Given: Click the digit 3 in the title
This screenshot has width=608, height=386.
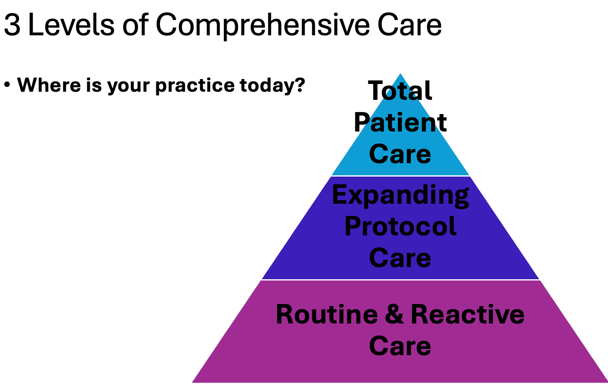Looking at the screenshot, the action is pyautogui.click(x=12, y=25).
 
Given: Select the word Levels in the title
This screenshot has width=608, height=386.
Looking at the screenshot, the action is pyautogui.click(x=71, y=24).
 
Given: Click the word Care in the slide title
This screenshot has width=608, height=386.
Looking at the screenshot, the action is pyautogui.click(x=410, y=24).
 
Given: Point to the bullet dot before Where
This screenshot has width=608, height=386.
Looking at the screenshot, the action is pyautogui.click(x=7, y=85).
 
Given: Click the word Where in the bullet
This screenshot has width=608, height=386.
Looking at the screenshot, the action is pyautogui.click(x=49, y=85).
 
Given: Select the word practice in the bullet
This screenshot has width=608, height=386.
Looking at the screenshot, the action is pyautogui.click(x=195, y=86).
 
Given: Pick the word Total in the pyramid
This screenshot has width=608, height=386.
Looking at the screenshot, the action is pyautogui.click(x=400, y=91).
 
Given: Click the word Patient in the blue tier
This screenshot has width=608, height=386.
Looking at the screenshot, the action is pyautogui.click(x=400, y=122).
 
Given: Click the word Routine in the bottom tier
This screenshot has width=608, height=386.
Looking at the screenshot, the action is pyautogui.click(x=327, y=314).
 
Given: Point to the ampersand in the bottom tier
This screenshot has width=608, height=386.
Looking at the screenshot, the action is pyautogui.click(x=394, y=314).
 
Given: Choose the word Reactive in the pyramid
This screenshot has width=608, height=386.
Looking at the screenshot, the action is pyautogui.click(x=467, y=314).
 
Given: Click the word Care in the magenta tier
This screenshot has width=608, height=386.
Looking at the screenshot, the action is pyautogui.click(x=400, y=345).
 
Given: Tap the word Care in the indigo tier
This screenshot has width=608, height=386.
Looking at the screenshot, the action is pyautogui.click(x=400, y=257).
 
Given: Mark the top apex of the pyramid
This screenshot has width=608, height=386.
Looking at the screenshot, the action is pyautogui.click(x=400, y=73).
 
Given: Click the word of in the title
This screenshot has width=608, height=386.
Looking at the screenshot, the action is pyautogui.click(x=135, y=24).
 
